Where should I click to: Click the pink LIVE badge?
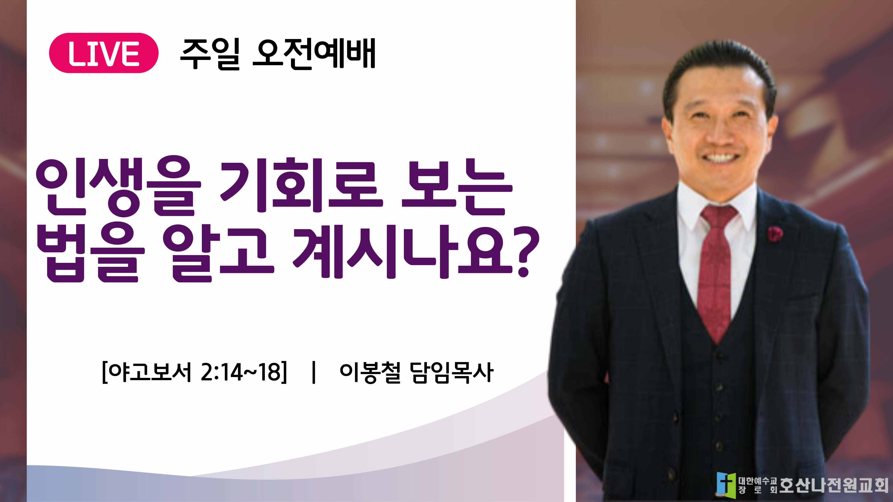(x=104, y=53)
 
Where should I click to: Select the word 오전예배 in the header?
(x=314, y=54)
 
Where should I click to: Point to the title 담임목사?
(x=452, y=372)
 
